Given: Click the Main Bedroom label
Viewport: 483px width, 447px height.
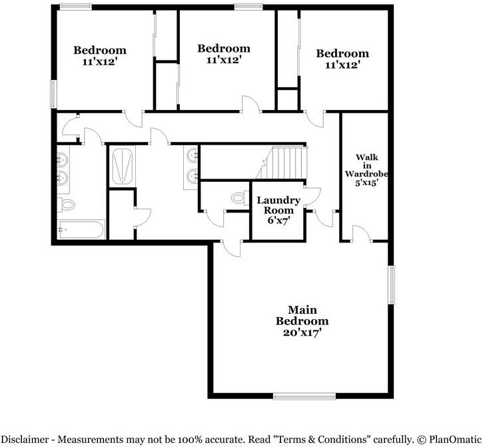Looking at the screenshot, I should pos(302,315).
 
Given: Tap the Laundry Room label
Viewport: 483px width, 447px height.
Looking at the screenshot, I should pos(279,205).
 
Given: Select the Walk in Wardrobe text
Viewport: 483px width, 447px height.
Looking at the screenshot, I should pos(366,166).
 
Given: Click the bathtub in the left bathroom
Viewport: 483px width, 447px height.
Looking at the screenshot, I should pos(81,230).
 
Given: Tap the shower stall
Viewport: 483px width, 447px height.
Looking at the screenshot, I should pos(121,166).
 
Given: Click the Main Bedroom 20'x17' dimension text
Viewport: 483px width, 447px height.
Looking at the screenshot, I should pos(302,332).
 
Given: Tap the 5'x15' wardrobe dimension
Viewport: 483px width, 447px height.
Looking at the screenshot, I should pos(366,182).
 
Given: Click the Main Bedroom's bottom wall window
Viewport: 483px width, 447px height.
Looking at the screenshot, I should pos(300,396).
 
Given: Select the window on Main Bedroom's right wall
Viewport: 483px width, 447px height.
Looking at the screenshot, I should pos(392,285).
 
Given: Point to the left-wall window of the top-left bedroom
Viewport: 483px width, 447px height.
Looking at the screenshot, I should pos(54,93).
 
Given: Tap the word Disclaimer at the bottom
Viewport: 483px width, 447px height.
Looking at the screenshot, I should pos(30,440).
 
